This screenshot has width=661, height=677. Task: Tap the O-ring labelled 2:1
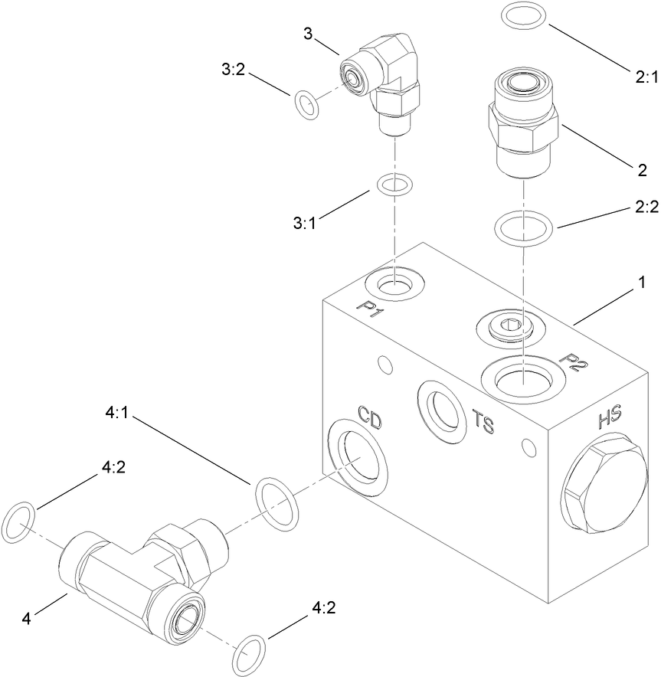[523, 16]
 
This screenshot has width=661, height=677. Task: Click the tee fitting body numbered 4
[138, 571]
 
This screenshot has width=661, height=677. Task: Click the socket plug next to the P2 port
[512, 328]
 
